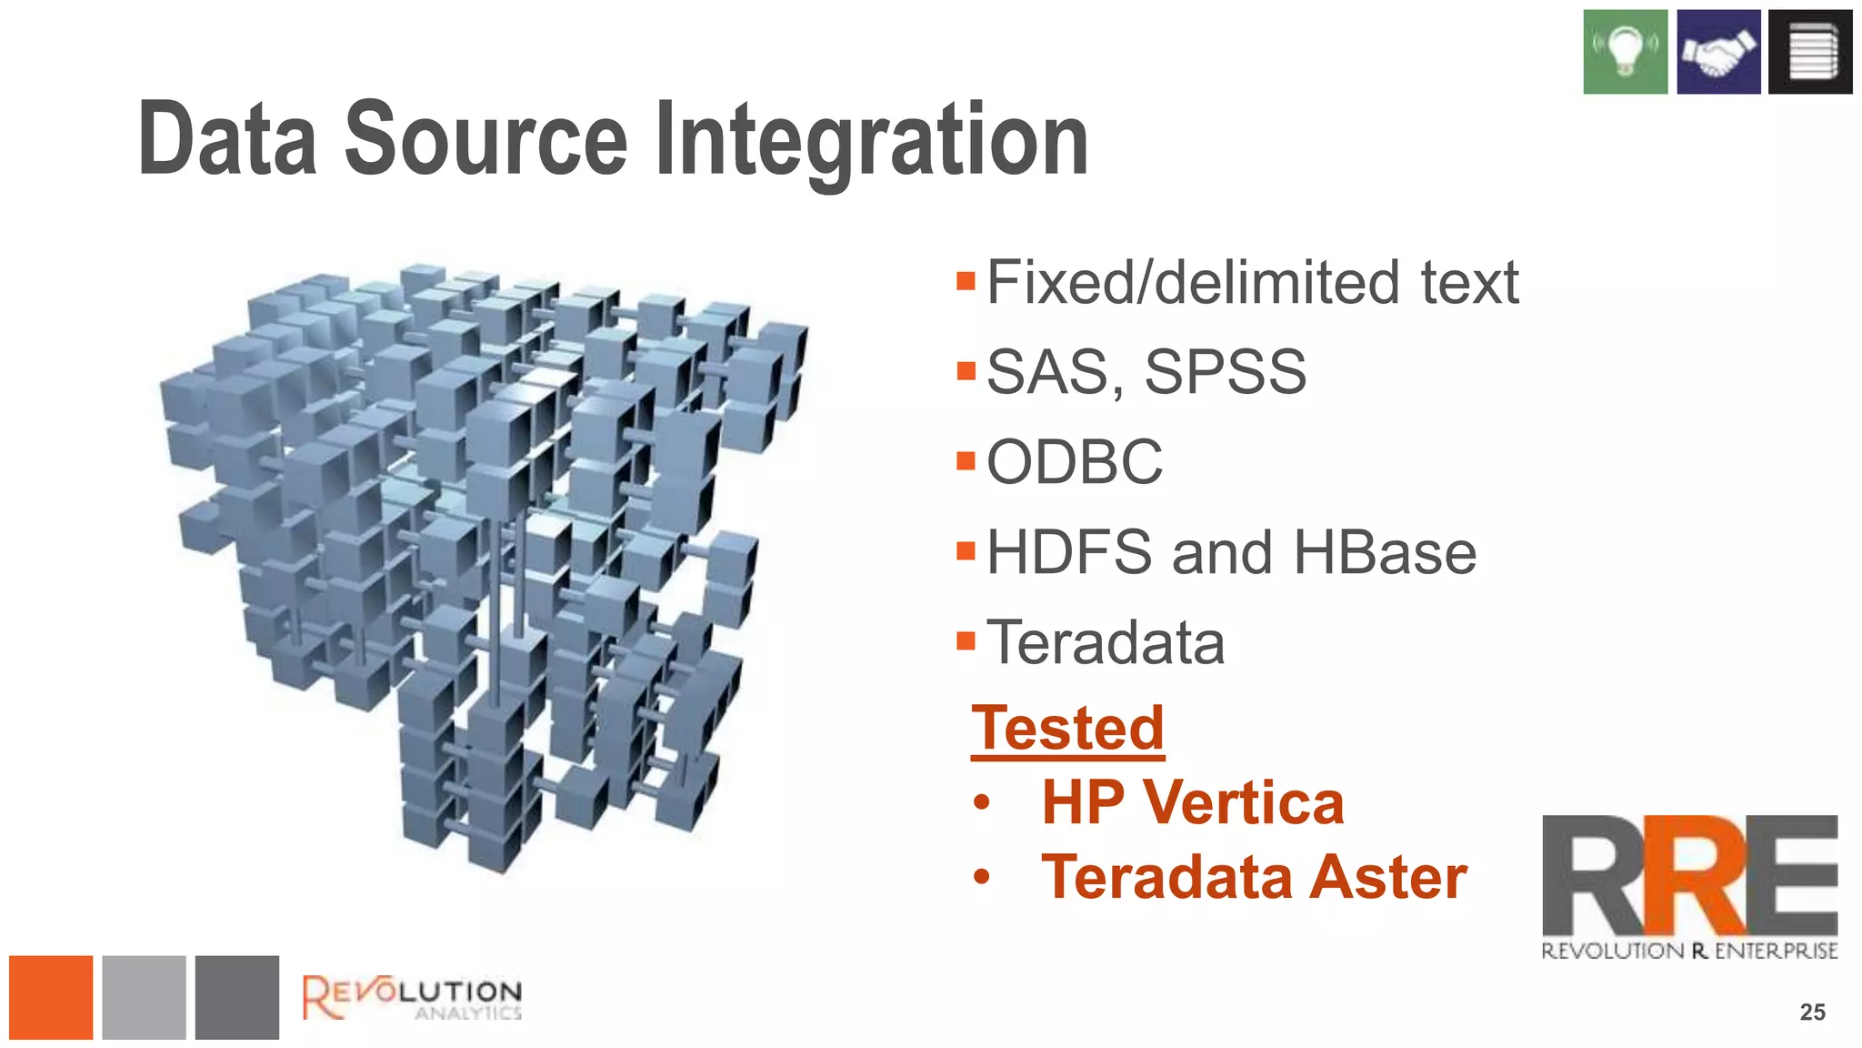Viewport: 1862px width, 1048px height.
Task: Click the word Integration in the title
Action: (871, 141)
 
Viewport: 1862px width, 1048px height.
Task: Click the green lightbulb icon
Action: (1625, 52)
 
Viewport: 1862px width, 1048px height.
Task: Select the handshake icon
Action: (1717, 52)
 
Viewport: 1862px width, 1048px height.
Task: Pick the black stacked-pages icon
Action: (1809, 52)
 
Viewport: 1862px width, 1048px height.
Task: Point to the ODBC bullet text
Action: (1074, 462)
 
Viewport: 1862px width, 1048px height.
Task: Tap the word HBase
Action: (1384, 552)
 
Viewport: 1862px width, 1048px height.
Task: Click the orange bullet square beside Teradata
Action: (966, 641)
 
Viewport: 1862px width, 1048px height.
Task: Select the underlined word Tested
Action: (1067, 728)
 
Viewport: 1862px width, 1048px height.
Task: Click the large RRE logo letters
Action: (1689, 875)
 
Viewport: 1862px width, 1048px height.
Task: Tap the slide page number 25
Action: (1812, 1012)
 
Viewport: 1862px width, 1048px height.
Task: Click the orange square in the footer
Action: (51, 997)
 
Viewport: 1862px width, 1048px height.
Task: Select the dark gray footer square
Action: (236, 997)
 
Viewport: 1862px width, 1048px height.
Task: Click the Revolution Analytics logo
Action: (412, 997)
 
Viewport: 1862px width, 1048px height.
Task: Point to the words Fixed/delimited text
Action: (1252, 282)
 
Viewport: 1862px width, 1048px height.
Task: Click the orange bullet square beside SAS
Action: (966, 371)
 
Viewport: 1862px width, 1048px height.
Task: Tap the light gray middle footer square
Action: (144, 997)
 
